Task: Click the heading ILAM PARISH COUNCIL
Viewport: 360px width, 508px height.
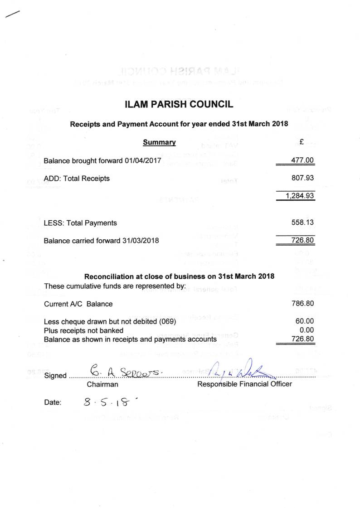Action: tap(179, 105)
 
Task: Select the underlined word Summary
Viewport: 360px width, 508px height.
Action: tap(159, 142)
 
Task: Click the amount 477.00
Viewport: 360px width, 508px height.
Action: tap(302, 160)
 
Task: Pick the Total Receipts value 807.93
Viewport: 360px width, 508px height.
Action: tap(302, 179)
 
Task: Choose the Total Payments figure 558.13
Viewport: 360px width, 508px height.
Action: tap(302, 223)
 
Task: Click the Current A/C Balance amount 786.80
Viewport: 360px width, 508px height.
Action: tap(302, 304)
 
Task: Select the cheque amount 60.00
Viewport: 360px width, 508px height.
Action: tap(304, 321)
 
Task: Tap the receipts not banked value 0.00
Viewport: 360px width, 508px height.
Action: tap(306, 330)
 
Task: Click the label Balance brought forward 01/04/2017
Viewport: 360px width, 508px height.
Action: tap(102, 161)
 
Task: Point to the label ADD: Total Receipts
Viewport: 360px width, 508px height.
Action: tap(77, 179)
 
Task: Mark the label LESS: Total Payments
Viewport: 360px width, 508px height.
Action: tap(80, 223)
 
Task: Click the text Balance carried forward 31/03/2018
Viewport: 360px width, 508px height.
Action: tap(101, 241)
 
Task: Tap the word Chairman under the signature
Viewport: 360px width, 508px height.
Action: tap(102, 384)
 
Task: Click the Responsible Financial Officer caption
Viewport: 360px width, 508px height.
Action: tap(244, 384)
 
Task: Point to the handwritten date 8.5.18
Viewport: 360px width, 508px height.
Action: tap(106, 401)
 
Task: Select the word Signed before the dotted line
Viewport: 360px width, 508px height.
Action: tap(55, 376)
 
